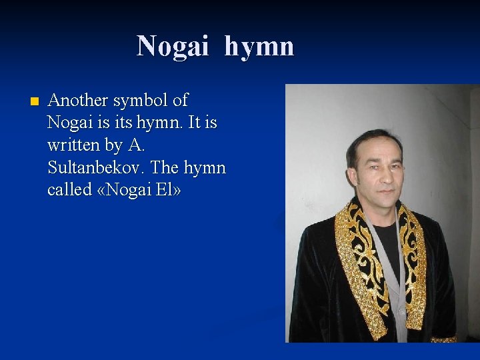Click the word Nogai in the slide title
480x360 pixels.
point(175,46)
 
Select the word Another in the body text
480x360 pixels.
point(78,101)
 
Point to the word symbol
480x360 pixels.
point(141,101)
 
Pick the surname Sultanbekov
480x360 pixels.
point(94,167)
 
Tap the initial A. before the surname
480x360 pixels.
point(135,145)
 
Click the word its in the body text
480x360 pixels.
point(117,123)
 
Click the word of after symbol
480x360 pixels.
point(180,101)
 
